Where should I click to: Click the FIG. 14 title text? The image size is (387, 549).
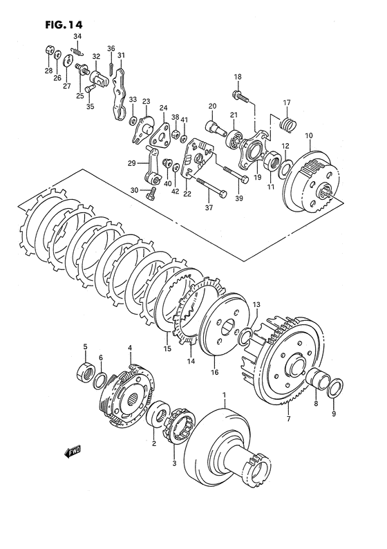coord(64,25)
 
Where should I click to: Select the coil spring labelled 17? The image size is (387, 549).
coord(289,125)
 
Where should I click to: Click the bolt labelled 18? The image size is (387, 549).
coord(240,96)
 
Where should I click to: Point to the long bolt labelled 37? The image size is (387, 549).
coord(212,187)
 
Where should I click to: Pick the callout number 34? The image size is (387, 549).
coord(77,36)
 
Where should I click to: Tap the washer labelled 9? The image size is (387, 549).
coord(335,389)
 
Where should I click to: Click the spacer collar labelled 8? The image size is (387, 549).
coord(317,378)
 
